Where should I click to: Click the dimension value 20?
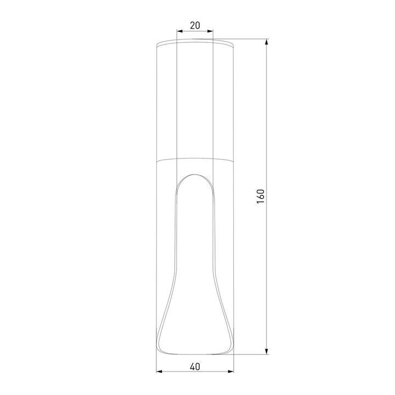[x=195, y=25]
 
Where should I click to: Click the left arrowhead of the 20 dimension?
[x=179, y=32]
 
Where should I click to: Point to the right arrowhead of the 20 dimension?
[x=211, y=32]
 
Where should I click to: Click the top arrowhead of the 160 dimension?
[x=267, y=42]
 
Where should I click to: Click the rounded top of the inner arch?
[x=195, y=174]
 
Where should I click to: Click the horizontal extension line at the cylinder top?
[x=250, y=39]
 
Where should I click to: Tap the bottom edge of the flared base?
[x=195, y=355]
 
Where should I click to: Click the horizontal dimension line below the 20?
[x=195, y=32]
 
